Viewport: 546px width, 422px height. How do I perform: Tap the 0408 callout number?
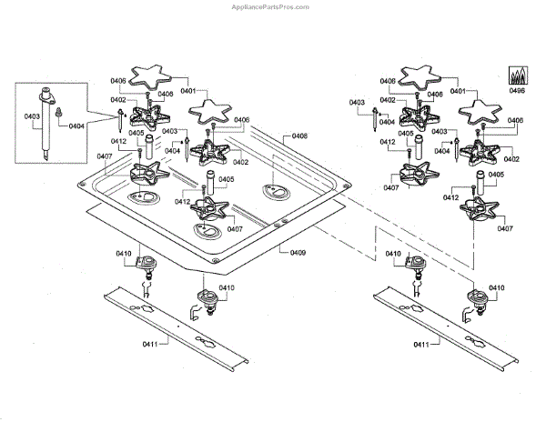pyautogui.click(x=299, y=136)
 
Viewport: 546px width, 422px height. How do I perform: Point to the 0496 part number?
pyautogui.click(x=517, y=91)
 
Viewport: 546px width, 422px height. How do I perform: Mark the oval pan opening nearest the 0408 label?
pyautogui.click(x=273, y=190)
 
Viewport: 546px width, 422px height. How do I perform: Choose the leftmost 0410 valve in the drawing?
pyautogui.click(x=144, y=266)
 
